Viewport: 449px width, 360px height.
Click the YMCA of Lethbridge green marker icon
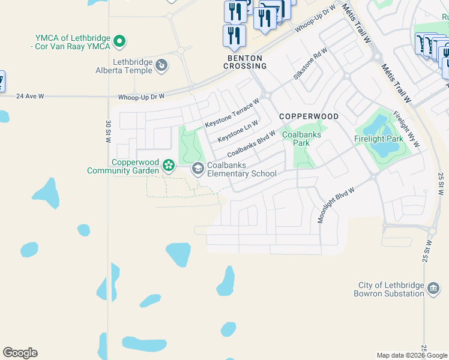click(x=120, y=41)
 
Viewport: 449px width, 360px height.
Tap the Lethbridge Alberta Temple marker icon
click(x=161, y=65)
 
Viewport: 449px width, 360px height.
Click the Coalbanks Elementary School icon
click(x=197, y=169)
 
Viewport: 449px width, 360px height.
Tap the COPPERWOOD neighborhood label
click(x=309, y=116)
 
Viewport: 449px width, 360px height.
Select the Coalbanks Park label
click(x=302, y=139)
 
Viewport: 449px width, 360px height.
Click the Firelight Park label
click(x=378, y=139)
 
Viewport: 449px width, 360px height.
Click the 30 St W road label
click(x=108, y=132)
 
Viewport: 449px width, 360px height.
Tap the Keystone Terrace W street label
click(x=232, y=113)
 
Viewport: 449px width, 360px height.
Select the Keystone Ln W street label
click(x=238, y=131)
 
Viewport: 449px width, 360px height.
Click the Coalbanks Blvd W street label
click(x=251, y=145)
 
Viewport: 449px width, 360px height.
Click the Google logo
click(x=20, y=353)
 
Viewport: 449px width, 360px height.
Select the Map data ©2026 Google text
click(x=412, y=355)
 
